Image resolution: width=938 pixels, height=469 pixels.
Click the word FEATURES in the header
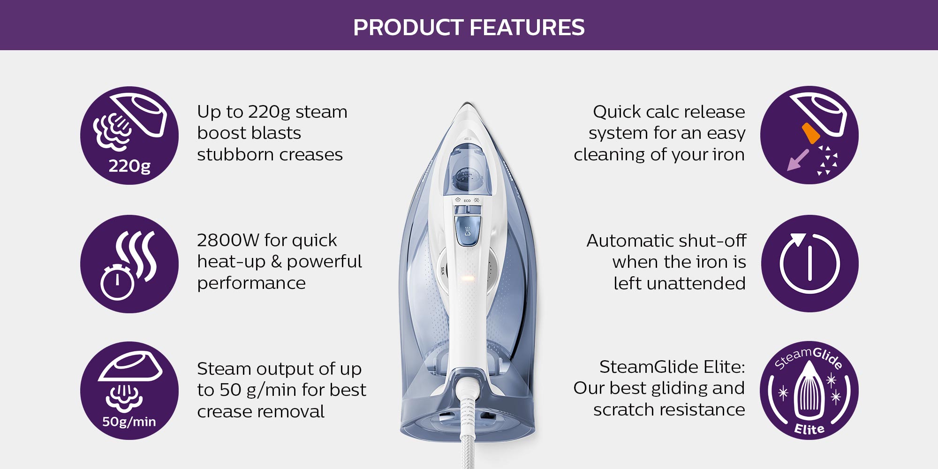527,27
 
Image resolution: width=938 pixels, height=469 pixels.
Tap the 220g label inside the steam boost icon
129,166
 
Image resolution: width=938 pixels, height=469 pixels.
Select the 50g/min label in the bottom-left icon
129,421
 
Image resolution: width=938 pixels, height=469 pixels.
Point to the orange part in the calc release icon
810,133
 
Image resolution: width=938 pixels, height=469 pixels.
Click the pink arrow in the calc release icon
797,160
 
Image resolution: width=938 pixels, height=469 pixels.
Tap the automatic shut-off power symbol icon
809,264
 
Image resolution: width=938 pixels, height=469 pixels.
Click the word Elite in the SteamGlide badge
809,429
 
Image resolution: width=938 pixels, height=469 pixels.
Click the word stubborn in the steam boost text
232,154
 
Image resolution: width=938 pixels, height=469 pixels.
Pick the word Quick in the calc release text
616,112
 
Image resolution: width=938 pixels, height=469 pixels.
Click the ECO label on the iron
467,201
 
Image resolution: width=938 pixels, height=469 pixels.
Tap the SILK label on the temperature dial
442,271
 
